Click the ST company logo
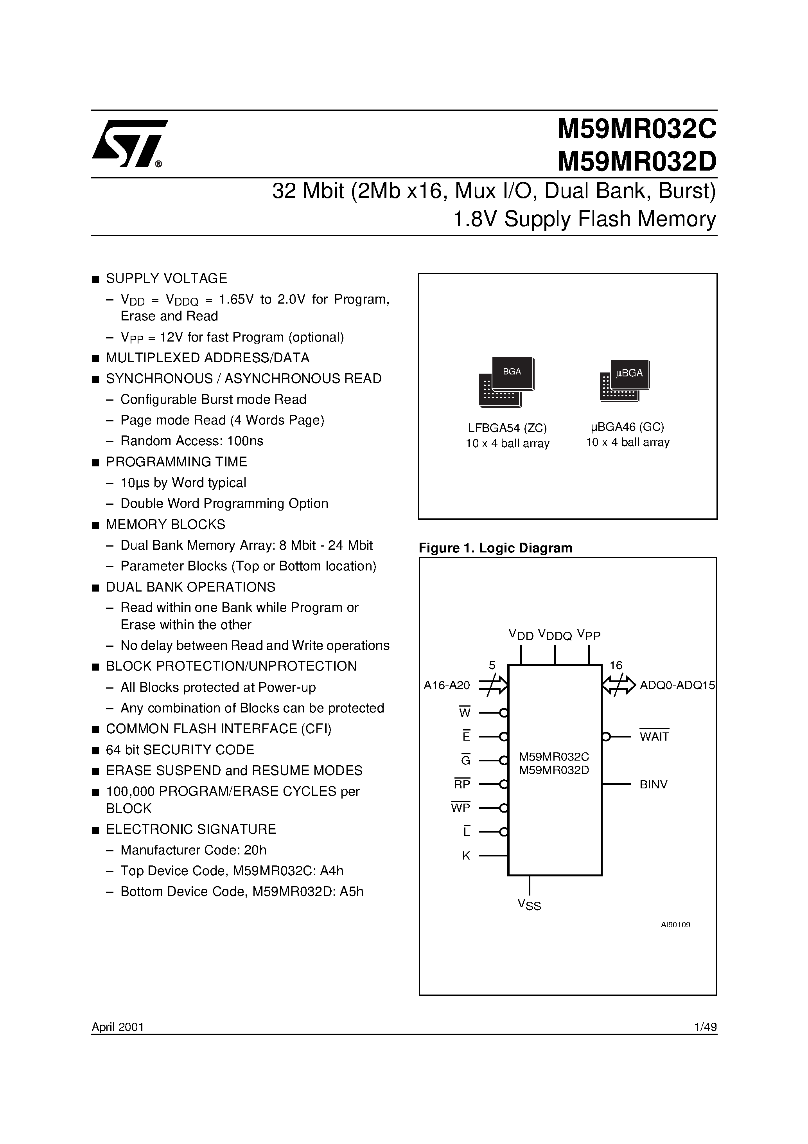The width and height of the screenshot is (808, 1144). (x=129, y=144)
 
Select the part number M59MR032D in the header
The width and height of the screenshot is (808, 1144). (x=637, y=160)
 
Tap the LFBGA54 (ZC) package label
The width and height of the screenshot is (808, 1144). (x=507, y=428)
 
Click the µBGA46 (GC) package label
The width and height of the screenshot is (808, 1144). (x=627, y=427)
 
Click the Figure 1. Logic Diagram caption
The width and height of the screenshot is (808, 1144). (x=495, y=548)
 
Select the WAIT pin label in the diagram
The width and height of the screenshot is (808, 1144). (x=654, y=736)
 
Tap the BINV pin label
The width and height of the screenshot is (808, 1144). (x=653, y=784)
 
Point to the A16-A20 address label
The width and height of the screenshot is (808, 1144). (x=446, y=685)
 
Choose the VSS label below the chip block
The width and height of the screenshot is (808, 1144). (x=529, y=904)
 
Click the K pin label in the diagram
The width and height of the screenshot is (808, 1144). (x=466, y=856)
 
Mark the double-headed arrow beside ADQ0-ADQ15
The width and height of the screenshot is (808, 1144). (x=619, y=685)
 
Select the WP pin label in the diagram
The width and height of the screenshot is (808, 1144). (x=461, y=808)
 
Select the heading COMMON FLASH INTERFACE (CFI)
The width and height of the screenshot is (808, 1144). (x=219, y=729)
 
